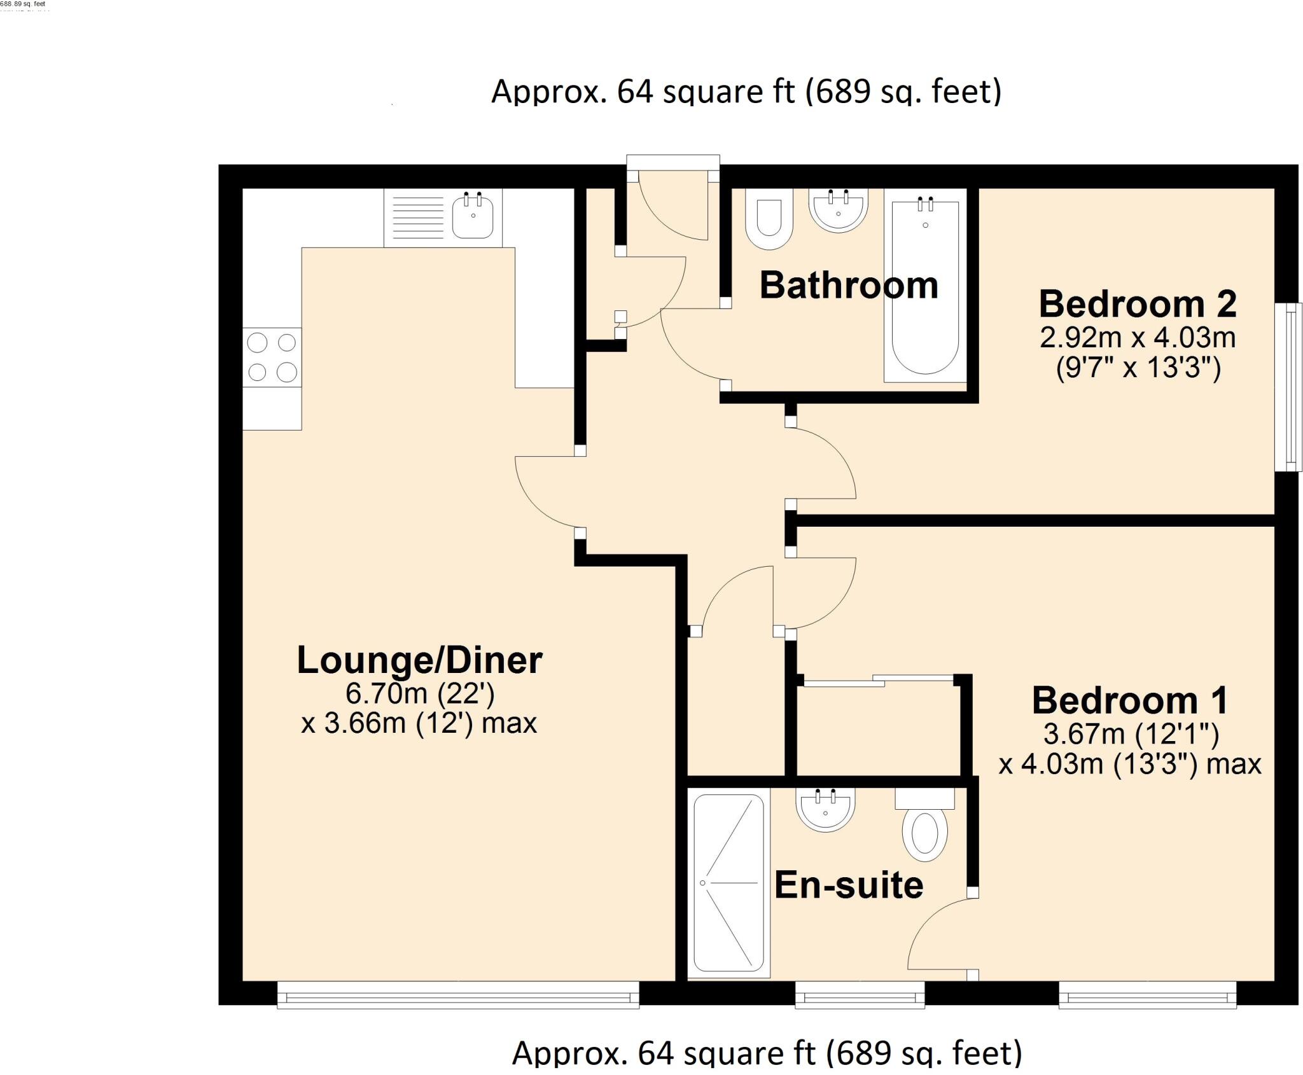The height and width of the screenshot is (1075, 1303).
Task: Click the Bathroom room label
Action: [849, 285]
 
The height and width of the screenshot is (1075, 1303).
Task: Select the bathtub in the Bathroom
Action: [924, 291]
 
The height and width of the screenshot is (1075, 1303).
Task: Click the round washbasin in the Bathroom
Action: [838, 211]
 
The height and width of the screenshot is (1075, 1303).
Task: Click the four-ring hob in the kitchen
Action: [272, 357]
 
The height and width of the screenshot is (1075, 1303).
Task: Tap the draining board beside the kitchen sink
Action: [417, 217]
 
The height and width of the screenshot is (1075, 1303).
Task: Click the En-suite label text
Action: [849, 885]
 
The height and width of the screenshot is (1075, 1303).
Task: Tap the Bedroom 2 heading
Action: [1138, 304]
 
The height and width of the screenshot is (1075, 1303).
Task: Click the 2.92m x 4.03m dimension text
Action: [1138, 338]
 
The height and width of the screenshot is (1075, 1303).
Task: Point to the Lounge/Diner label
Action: [419, 660]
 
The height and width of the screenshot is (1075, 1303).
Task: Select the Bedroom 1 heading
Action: [1130, 700]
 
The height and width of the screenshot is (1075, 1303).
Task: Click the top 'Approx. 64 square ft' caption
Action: [746, 92]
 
